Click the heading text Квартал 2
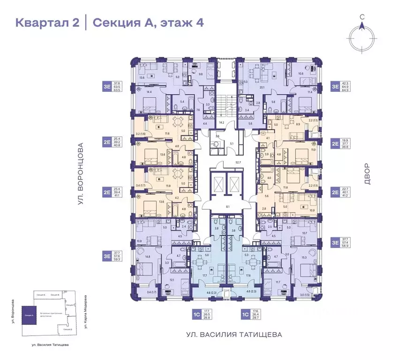pyautogui.click(x=47, y=23)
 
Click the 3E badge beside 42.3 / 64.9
pyautogui.click(x=335, y=86)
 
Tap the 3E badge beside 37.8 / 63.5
pyautogui.click(x=107, y=86)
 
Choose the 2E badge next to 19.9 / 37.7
pyautogui.click(x=335, y=144)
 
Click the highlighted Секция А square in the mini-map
pyautogui.click(x=30, y=317)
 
